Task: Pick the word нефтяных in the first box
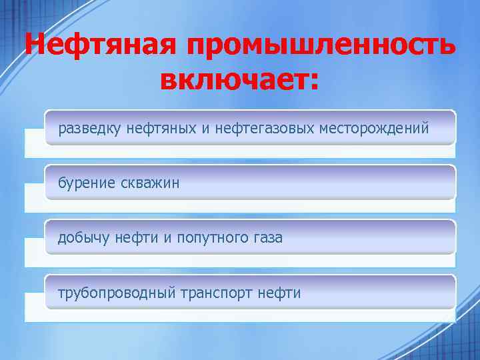[x=161, y=127]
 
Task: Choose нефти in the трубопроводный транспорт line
[x=279, y=293]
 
